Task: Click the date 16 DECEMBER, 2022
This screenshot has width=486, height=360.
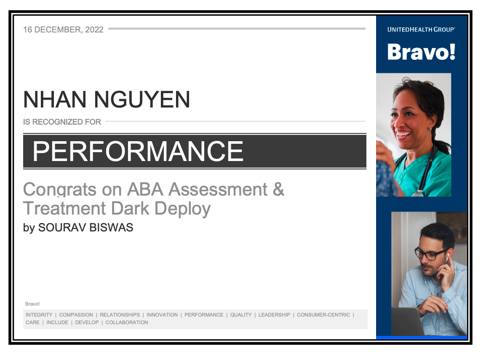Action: click(x=63, y=30)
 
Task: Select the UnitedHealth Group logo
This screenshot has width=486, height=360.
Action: click(x=421, y=30)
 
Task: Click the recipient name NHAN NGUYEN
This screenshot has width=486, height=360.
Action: click(x=107, y=99)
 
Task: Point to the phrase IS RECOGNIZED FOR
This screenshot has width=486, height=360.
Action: click(x=62, y=122)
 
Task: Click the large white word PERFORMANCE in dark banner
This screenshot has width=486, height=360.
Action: click(x=138, y=151)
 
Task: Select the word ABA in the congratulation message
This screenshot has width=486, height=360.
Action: click(x=145, y=189)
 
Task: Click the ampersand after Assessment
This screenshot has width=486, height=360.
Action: click(x=278, y=189)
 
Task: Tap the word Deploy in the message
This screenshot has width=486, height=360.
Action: click(x=182, y=209)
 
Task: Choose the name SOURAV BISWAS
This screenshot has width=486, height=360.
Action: click(x=85, y=228)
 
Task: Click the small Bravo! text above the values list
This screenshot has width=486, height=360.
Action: click(x=32, y=304)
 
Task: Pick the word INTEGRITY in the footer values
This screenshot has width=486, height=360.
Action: click(x=39, y=315)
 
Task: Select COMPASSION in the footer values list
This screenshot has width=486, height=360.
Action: click(x=76, y=315)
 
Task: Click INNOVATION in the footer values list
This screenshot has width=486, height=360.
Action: click(x=162, y=315)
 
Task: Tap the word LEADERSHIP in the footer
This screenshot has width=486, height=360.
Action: click(x=274, y=315)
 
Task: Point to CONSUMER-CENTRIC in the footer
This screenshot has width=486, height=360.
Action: click(x=323, y=315)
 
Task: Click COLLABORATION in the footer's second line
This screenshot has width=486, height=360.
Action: click(x=127, y=322)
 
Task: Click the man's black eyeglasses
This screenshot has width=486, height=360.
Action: click(x=431, y=253)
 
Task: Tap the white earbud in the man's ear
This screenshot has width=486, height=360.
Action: click(x=447, y=257)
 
